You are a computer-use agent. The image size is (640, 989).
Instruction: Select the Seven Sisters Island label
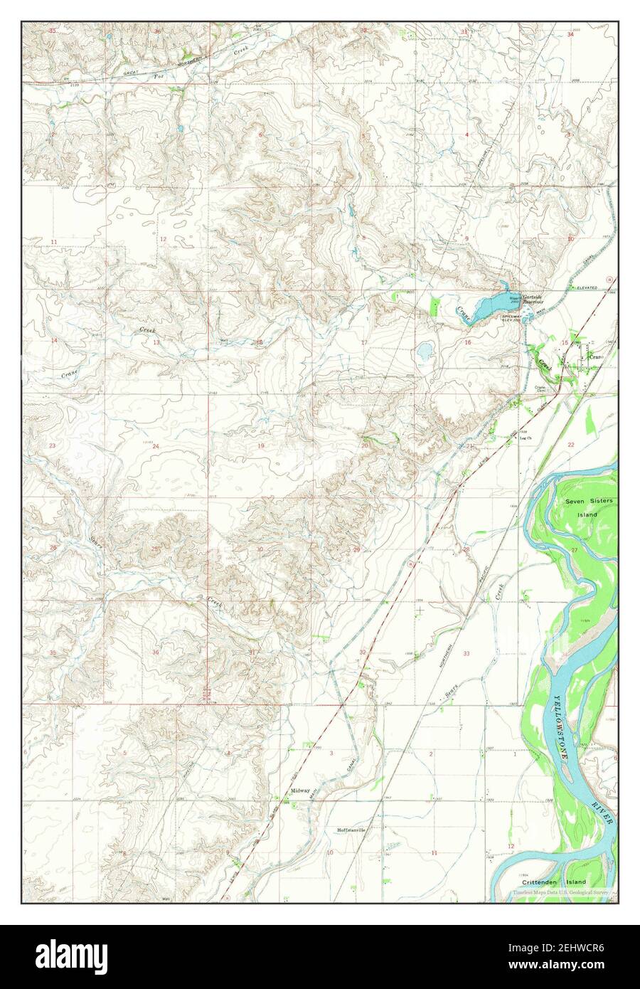582,507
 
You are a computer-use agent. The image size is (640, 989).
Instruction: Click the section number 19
261,445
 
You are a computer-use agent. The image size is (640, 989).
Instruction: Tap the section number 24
156,446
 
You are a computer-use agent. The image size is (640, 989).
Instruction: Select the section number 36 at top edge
158,32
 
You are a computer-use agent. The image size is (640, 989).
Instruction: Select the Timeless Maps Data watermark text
562,892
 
